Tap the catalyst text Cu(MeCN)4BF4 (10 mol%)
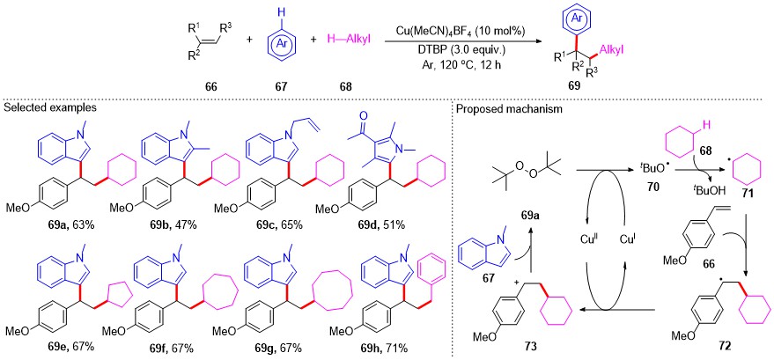pyautogui.click(x=459, y=31)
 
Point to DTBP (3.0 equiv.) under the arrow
pyautogui.click(x=459, y=52)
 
